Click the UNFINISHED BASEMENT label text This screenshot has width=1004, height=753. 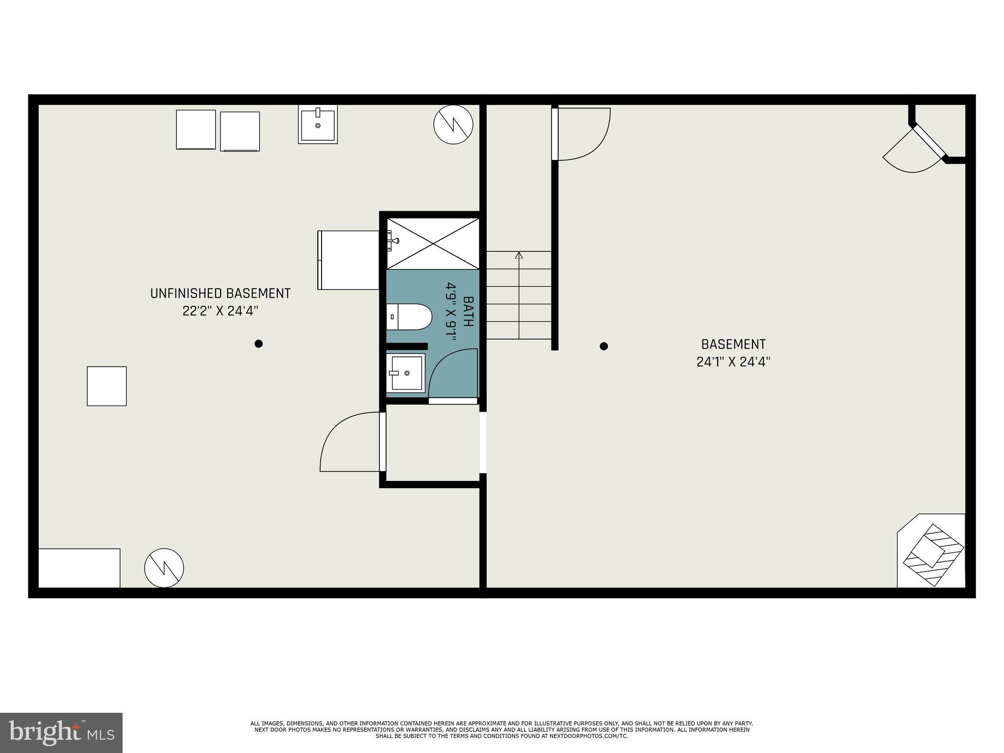pyautogui.click(x=220, y=294)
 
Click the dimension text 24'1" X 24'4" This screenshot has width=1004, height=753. pyautogui.click(x=733, y=362)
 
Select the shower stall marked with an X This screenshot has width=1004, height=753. pyautogui.click(x=433, y=244)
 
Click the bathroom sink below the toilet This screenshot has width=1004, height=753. pyautogui.click(x=406, y=373)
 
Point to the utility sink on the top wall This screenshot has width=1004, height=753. pyautogui.click(x=318, y=125)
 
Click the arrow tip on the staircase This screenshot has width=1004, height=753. pyautogui.click(x=519, y=254)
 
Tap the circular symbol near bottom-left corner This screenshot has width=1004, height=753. pyautogui.click(x=164, y=568)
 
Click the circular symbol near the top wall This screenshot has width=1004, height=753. pyautogui.click(x=453, y=125)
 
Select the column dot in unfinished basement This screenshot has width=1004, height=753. pyautogui.click(x=258, y=344)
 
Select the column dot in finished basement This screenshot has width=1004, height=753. pyautogui.click(x=604, y=346)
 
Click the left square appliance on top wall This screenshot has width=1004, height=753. pyautogui.click(x=196, y=129)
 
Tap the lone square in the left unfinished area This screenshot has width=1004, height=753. pyautogui.click(x=106, y=386)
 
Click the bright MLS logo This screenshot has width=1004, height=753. pyautogui.click(x=61, y=732)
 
